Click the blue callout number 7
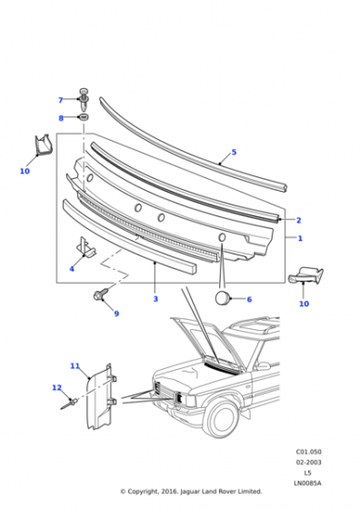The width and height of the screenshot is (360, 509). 60,100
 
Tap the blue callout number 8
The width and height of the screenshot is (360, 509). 61,118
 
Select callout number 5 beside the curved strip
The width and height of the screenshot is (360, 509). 234,152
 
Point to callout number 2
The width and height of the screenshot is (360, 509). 299,220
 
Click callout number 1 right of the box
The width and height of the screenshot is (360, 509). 300,238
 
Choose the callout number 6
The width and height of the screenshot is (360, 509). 249,299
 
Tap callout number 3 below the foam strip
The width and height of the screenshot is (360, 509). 155,299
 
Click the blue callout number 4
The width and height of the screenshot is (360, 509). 72,269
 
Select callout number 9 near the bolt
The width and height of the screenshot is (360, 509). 116,314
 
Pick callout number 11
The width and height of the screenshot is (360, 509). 75,365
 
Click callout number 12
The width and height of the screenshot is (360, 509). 56,387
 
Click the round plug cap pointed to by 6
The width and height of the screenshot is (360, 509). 222,298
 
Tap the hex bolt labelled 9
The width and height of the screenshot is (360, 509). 99,294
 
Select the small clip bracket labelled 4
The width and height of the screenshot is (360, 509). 85,247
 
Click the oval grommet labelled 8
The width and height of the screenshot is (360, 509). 84,116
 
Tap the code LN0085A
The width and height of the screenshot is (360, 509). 307,483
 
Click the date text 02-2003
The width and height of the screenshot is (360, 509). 308,462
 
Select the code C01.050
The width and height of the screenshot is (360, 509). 308,452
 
